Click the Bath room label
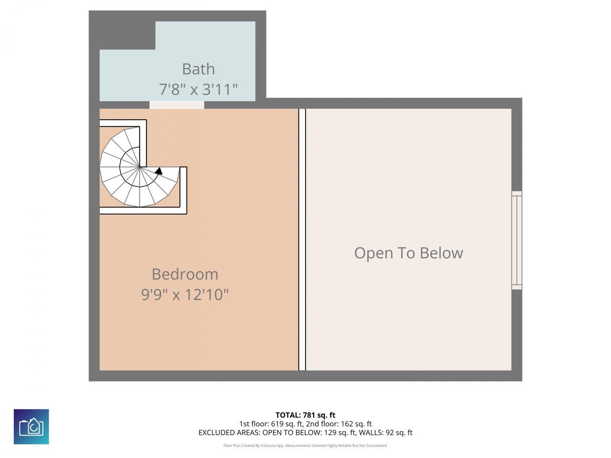click(x=198, y=69)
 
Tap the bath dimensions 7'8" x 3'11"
click(x=198, y=89)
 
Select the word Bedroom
click(x=185, y=274)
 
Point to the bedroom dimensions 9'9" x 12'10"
click(x=185, y=295)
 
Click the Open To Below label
click(x=409, y=253)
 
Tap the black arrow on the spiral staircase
click(x=159, y=170)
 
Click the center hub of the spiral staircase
click(x=139, y=167)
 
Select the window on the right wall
click(x=516, y=240)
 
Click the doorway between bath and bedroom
click(x=177, y=105)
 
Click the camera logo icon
click(x=31, y=427)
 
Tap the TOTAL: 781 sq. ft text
click(x=305, y=415)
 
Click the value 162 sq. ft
click(x=354, y=424)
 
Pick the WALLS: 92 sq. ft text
click(x=388, y=433)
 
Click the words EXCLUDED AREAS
click(x=227, y=433)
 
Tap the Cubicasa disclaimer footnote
click(x=305, y=446)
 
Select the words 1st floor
click(x=254, y=424)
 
